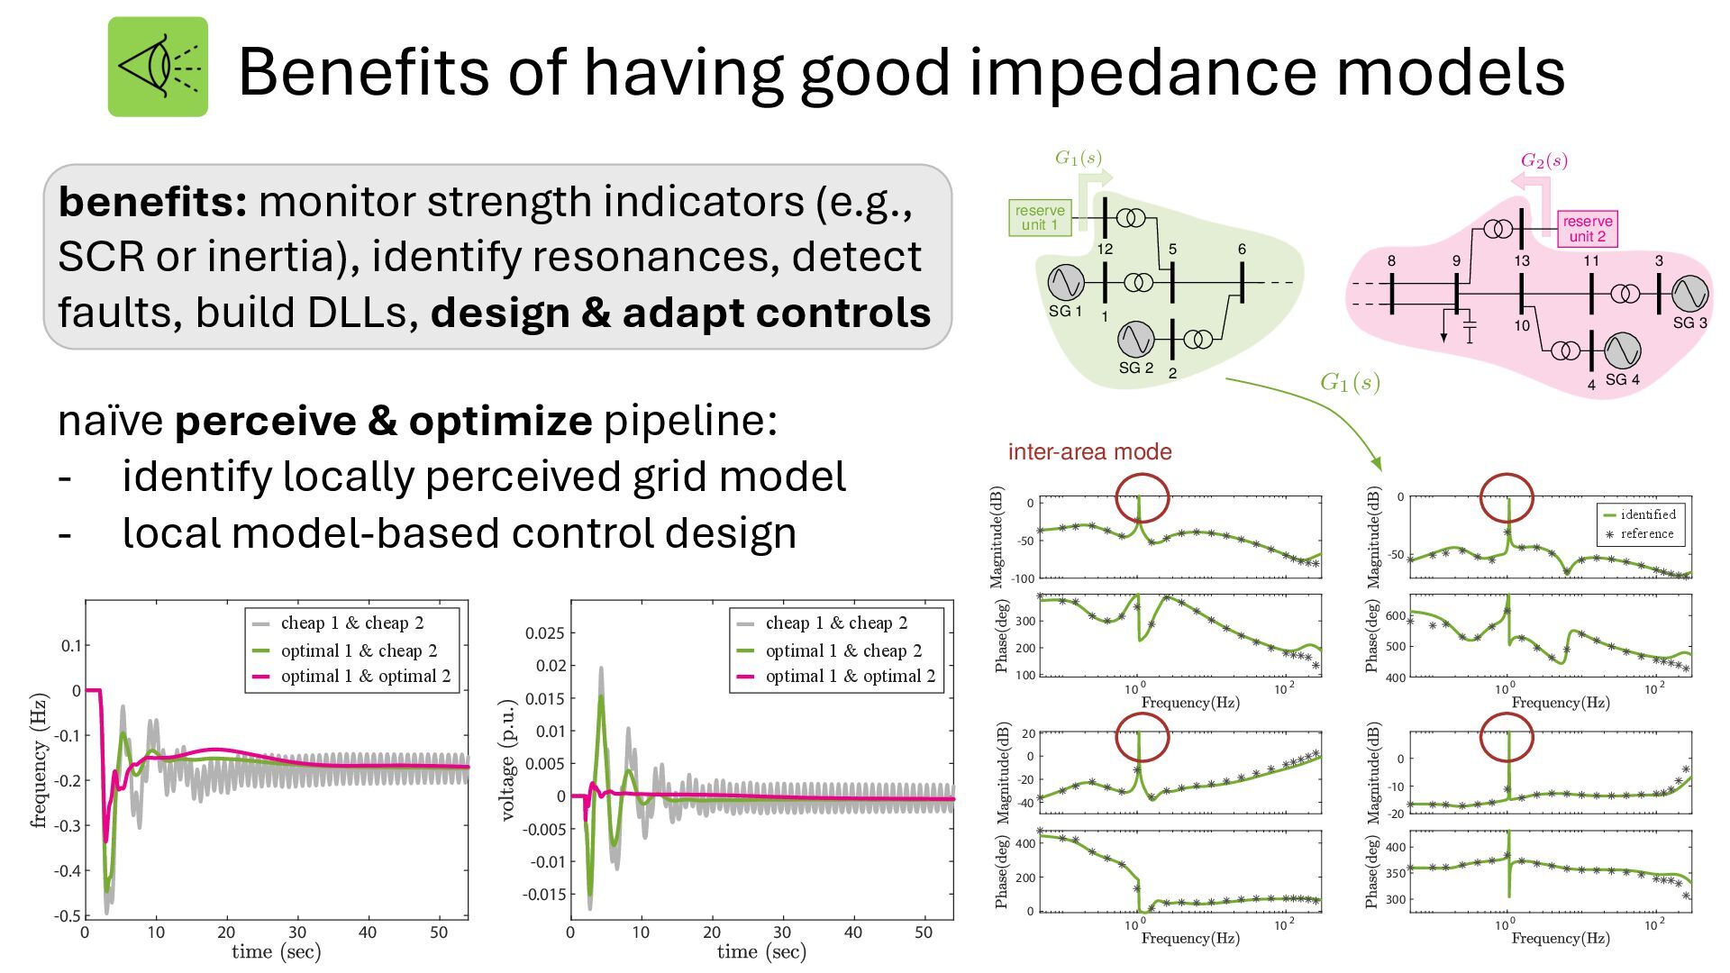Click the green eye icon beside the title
[x=158, y=67]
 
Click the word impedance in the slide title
[x=1144, y=72]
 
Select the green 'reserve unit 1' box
[x=1040, y=218]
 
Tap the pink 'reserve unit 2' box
[x=1587, y=229]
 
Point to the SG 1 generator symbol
[x=1066, y=283]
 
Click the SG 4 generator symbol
[x=1622, y=350]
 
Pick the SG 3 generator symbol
[x=1689, y=294]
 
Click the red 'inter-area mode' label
[x=1089, y=452]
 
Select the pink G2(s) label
[x=1543, y=161]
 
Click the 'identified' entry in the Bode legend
[x=1648, y=514]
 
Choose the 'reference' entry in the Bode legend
[x=1647, y=533]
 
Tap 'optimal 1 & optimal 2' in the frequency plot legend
[x=365, y=677]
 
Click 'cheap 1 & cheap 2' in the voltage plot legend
[x=836, y=623]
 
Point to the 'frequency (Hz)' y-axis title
[x=38, y=761]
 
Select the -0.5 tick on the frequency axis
[x=66, y=915]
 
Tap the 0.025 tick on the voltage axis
[x=544, y=633]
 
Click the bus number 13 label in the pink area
[x=1522, y=260]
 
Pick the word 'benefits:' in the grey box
[x=152, y=202]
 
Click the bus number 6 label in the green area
[x=1242, y=250]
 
